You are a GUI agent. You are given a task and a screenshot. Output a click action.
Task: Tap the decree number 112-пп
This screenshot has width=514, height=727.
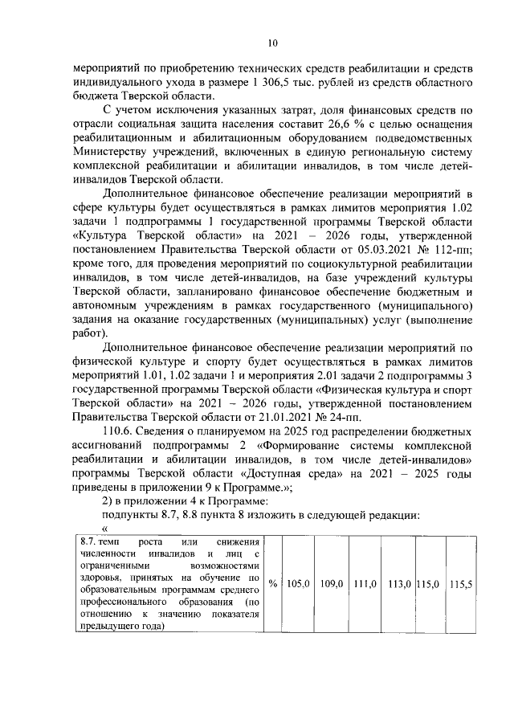(x=447, y=250)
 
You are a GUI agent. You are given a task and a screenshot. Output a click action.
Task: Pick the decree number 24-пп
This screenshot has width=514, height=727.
(x=345, y=419)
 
